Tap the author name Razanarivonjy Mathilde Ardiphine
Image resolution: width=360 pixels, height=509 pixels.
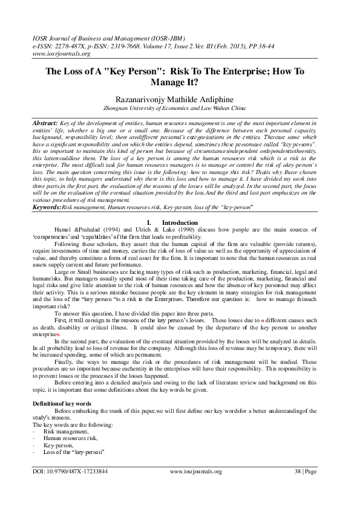(180, 99)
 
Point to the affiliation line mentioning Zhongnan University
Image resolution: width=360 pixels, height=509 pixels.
(180, 109)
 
